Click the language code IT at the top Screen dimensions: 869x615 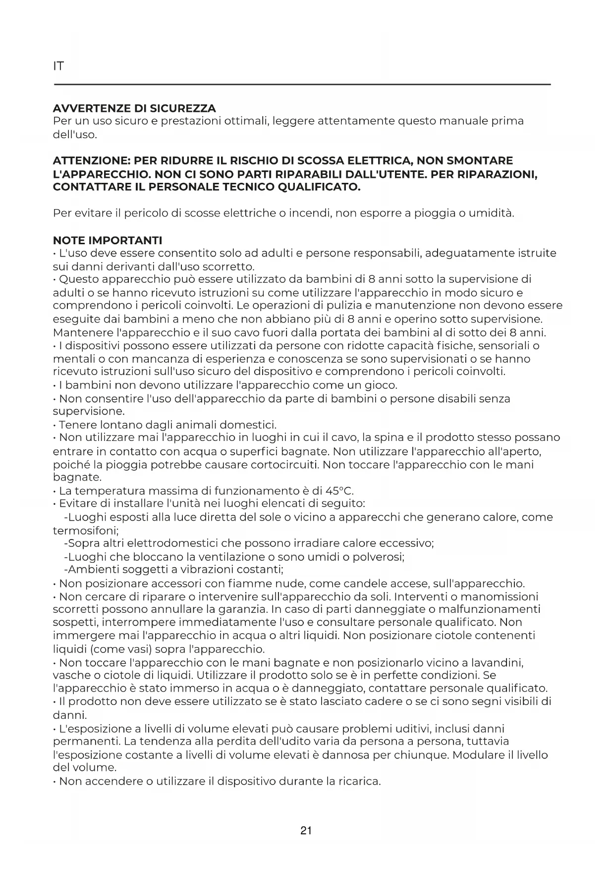coord(58,66)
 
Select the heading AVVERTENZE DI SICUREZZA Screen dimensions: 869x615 coord(134,108)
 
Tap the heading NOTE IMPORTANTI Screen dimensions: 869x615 coord(108,240)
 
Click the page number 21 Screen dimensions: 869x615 coord(306,830)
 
